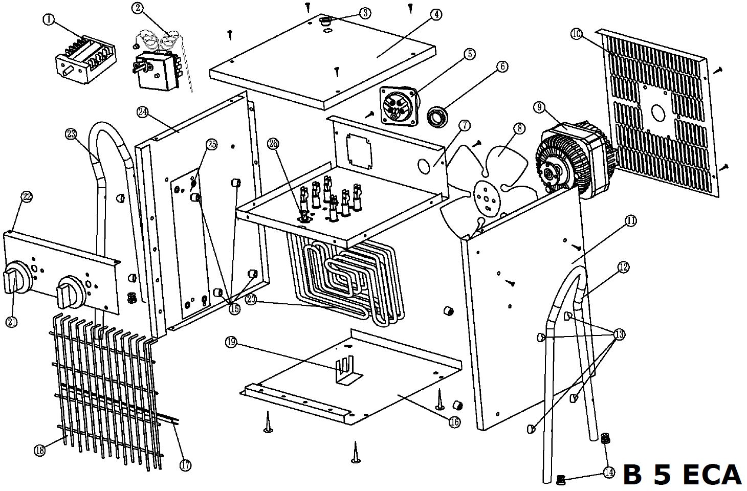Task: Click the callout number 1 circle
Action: tap(49, 19)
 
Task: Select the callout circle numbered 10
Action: tap(577, 34)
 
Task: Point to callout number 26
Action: tap(273, 144)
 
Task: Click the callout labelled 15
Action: tap(235, 309)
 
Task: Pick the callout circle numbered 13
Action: tap(619, 334)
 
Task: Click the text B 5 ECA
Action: tap(682, 474)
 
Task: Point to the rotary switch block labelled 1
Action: tap(85, 59)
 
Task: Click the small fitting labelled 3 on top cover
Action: tap(324, 21)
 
